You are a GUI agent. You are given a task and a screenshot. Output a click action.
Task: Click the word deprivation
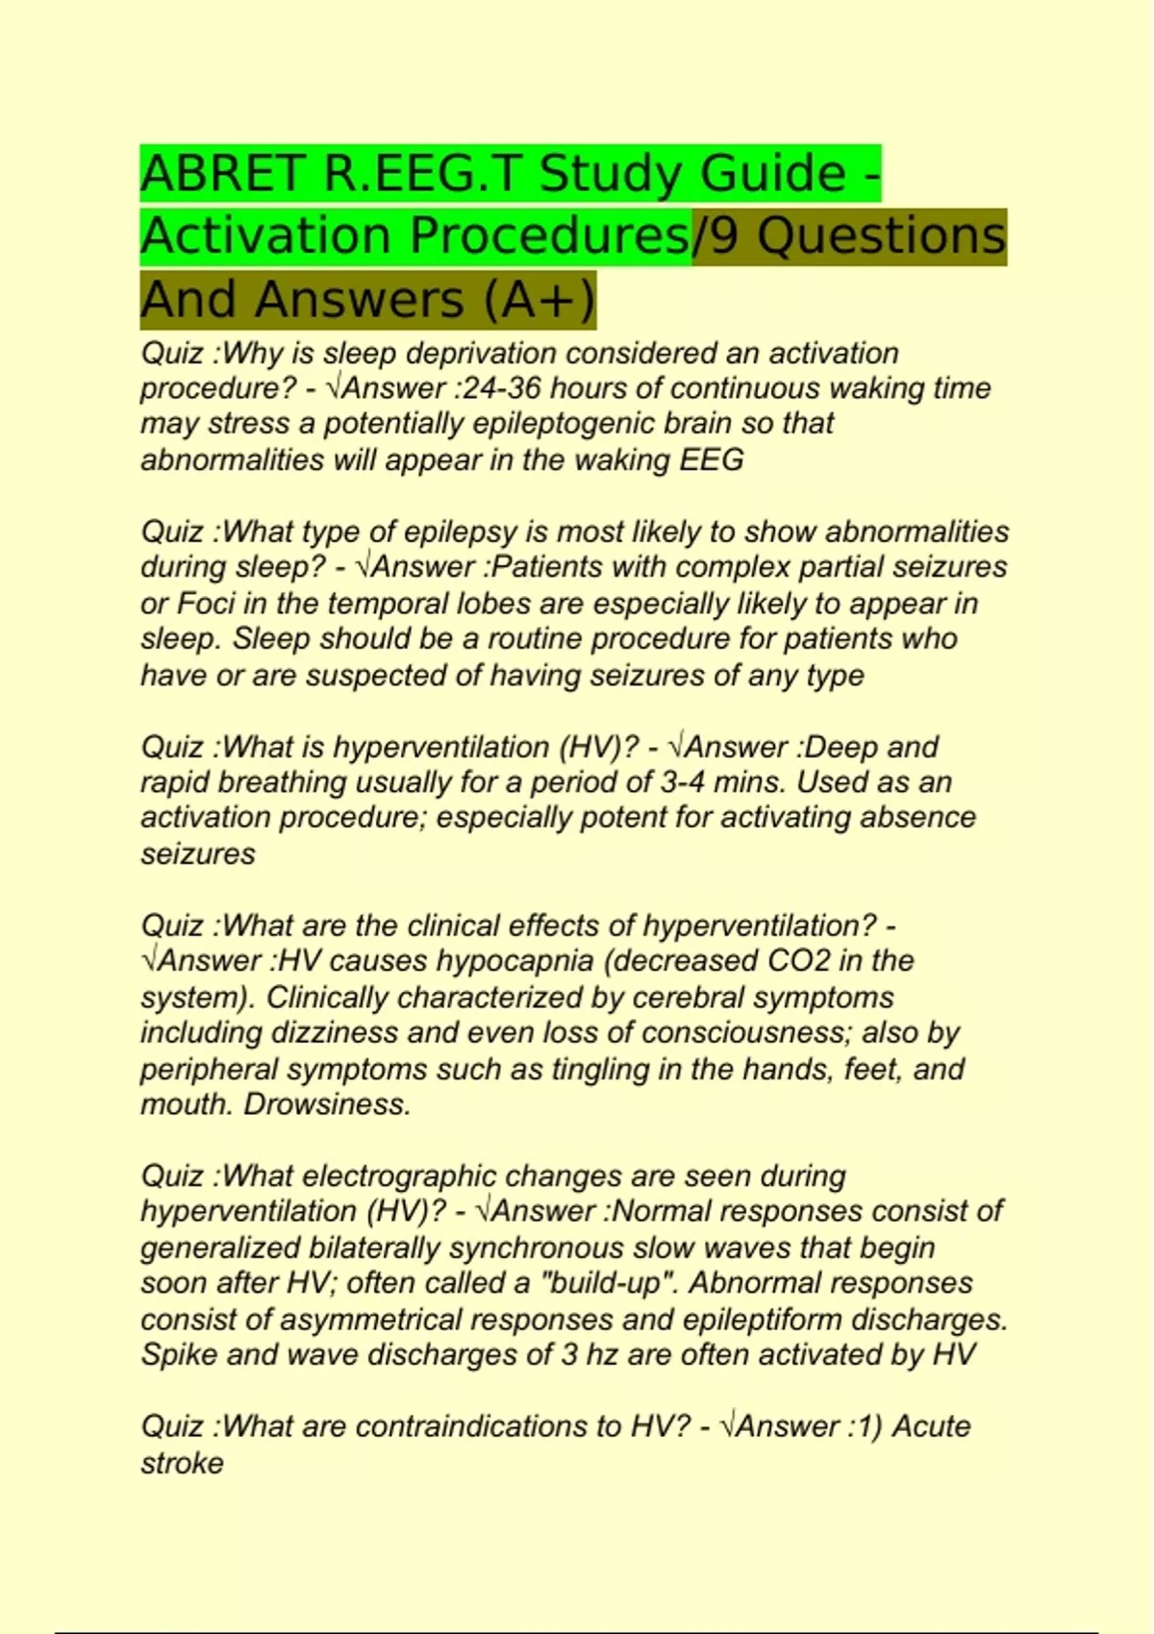click(x=484, y=353)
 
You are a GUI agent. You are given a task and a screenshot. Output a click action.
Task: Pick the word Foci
click(x=199, y=604)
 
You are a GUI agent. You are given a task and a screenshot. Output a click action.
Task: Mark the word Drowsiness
click(x=327, y=1104)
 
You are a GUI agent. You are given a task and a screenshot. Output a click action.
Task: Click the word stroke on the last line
click(x=183, y=1463)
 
